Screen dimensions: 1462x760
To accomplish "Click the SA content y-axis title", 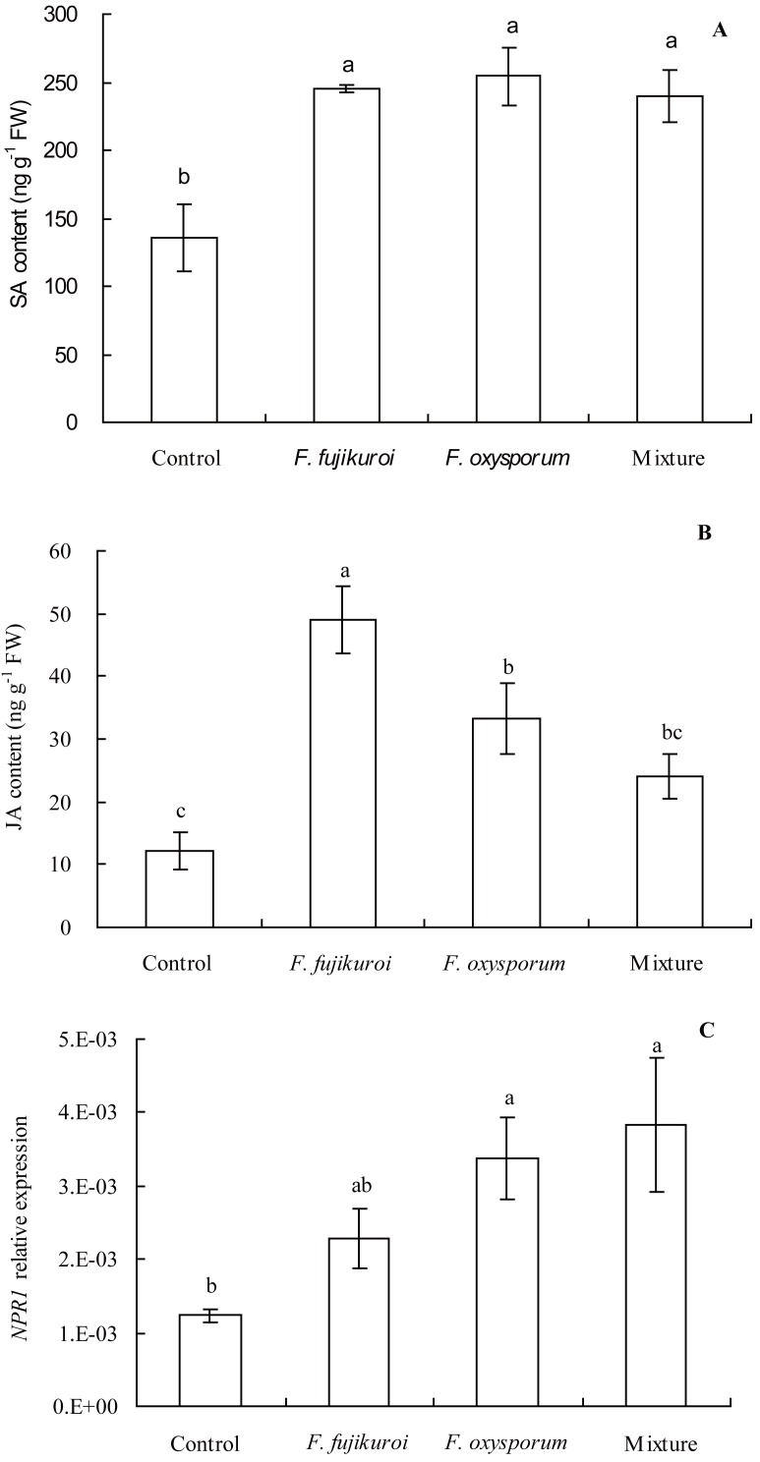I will [x=19, y=219].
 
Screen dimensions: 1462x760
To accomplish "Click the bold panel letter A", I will [x=720, y=30].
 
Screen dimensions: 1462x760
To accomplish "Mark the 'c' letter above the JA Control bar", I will [x=179, y=812].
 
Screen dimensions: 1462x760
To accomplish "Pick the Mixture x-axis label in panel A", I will [x=669, y=459].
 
